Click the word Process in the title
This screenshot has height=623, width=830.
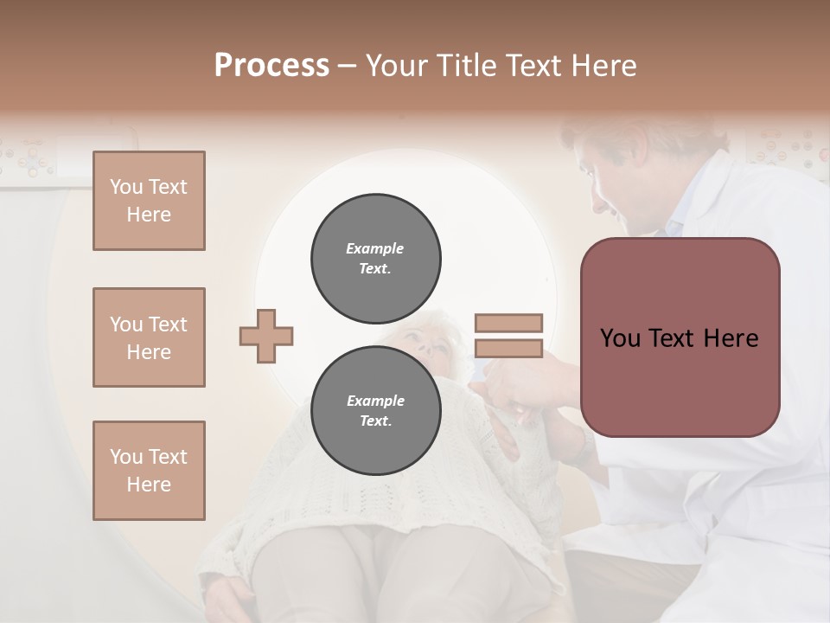coord(271,66)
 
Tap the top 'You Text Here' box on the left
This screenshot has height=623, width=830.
coord(149,201)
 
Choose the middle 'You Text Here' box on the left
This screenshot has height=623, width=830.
coord(149,337)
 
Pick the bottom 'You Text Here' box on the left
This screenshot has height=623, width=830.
coord(149,470)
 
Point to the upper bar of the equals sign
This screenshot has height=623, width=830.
coord(508,324)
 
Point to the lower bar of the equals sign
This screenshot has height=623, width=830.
coord(508,348)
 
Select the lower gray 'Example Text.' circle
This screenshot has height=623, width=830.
coord(376,410)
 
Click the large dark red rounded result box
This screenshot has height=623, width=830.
coord(680,337)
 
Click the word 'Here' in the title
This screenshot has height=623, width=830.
coord(604,66)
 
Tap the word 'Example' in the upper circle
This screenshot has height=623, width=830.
coord(375,248)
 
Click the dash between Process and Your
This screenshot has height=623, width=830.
coord(347,66)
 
